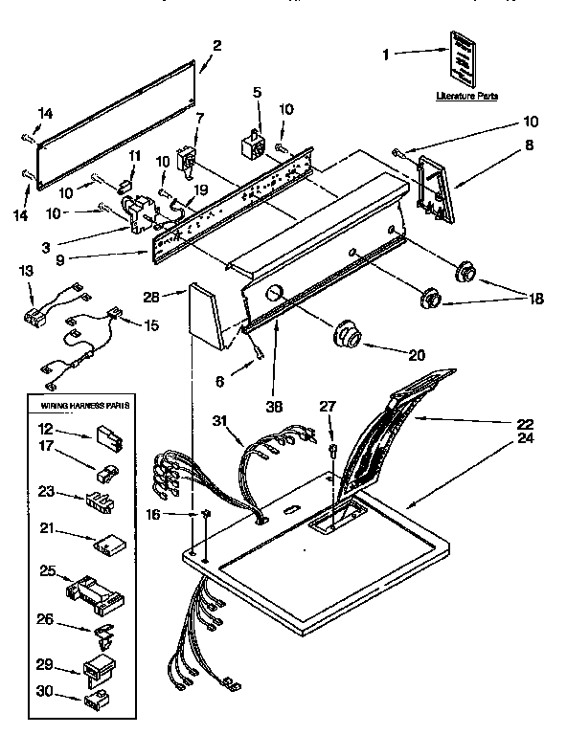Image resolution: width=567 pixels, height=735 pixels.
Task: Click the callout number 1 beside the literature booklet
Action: pyautogui.click(x=387, y=56)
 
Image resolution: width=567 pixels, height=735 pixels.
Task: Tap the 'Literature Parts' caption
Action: pyautogui.click(x=466, y=97)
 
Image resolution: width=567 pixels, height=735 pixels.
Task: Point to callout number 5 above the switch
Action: pyautogui.click(x=257, y=92)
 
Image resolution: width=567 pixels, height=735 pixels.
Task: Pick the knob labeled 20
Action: pyautogui.click(x=349, y=337)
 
